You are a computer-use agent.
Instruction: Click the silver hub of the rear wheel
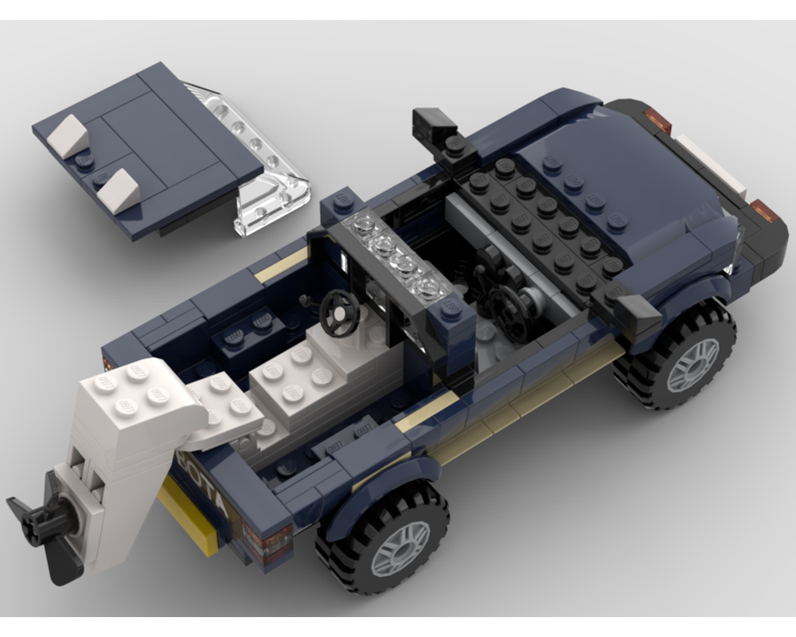click(399, 548)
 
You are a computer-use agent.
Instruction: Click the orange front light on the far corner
click(657, 120)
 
